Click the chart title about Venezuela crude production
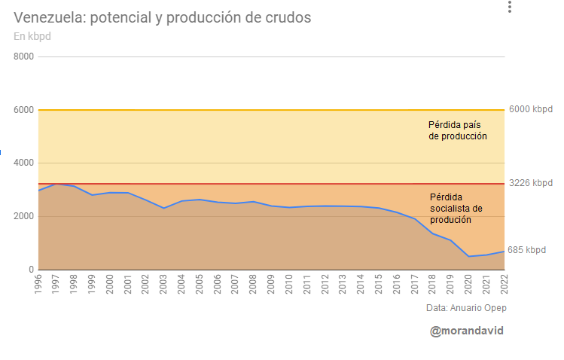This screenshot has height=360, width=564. tap(162, 17)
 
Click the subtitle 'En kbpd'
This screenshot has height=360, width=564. tap(32, 36)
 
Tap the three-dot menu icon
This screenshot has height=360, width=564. tap(510, 8)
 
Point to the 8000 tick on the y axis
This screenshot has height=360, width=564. tap(24, 56)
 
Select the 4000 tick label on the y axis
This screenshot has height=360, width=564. tap(24, 163)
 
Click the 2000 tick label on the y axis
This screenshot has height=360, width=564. tap(24, 216)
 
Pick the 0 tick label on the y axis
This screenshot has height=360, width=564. tap(30, 270)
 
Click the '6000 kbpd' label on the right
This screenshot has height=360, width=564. tap(530, 109)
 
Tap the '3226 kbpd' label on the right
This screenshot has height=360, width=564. tap(530, 183)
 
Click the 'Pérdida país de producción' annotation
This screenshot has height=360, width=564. tap(458, 130)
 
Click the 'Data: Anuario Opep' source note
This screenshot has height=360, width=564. tap(467, 308)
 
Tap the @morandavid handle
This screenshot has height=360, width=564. tap(466, 331)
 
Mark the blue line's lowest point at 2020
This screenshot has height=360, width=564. tap(468, 257)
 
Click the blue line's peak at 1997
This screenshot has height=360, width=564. tap(56, 184)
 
